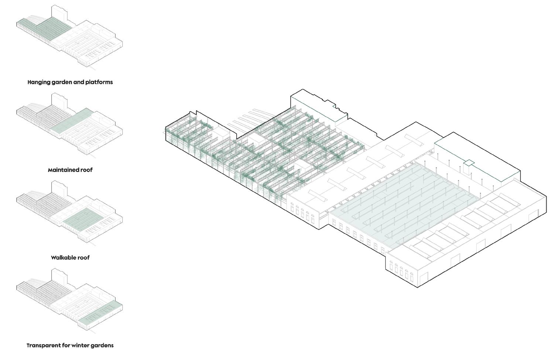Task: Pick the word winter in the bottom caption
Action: (82, 346)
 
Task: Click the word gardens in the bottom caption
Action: (103, 346)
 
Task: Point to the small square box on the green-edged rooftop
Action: (469, 162)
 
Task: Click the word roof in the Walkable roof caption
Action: (83, 258)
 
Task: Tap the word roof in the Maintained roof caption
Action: (86, 170)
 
